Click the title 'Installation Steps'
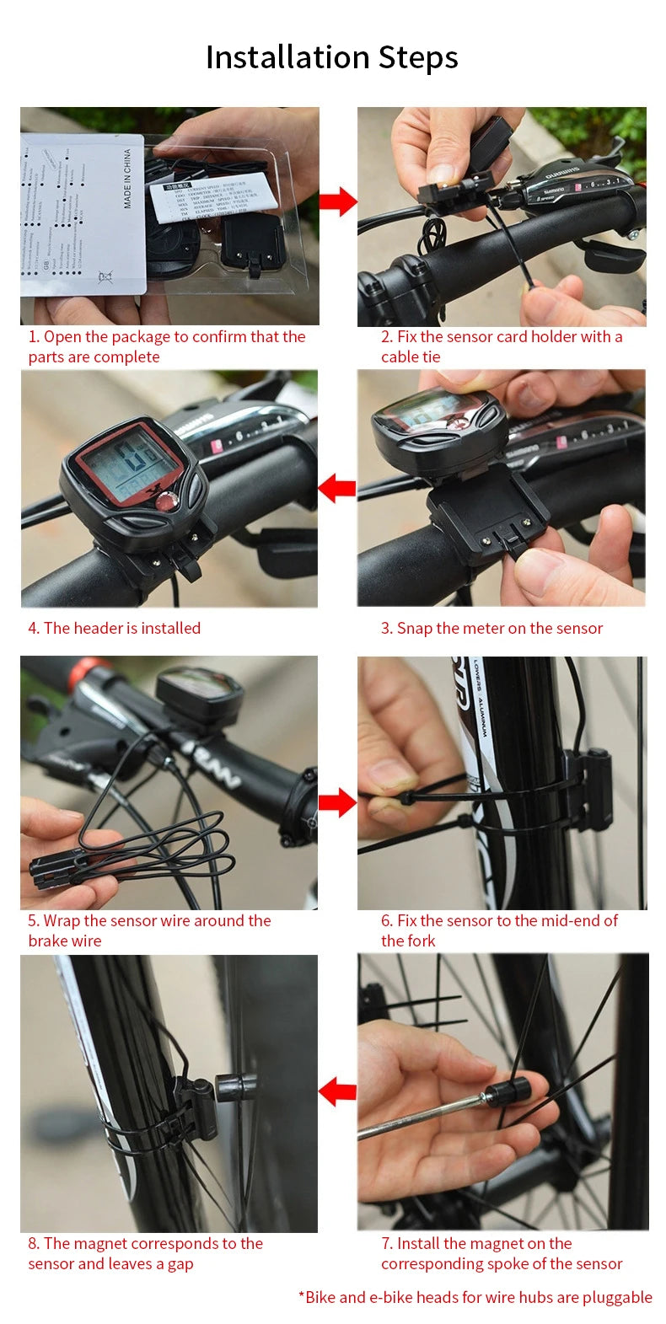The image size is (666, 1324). [332, 57]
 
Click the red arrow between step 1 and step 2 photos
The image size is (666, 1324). [337, 202]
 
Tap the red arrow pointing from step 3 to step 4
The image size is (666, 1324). [337, 488]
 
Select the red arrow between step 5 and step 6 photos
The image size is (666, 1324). [337, 803]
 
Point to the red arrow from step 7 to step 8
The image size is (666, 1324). [337, 1091]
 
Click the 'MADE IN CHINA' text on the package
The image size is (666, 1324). [127, 179]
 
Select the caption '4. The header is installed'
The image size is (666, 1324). [114, 628]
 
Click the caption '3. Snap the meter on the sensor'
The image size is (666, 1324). [491, 628]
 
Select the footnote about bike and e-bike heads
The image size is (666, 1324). [475, 1297]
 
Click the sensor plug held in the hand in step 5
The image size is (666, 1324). [52, 868]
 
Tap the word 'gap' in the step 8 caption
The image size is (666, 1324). [180, 1263]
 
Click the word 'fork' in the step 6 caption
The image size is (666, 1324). [422, 941]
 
